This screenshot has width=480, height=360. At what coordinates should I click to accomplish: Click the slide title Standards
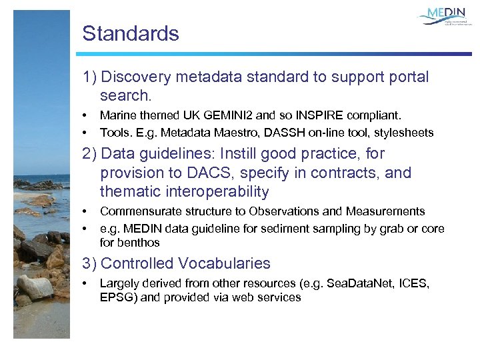coord(131,34)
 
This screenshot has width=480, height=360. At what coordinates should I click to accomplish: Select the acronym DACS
coord(203,173)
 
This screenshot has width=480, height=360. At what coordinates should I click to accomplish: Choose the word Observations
coord(283,211)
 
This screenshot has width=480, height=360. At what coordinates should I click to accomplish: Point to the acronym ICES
coord(414,284)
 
